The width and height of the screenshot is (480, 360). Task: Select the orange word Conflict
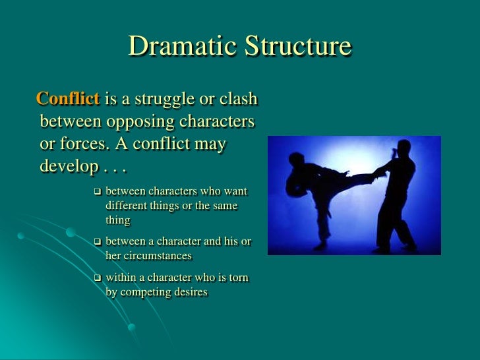tap(69, 100)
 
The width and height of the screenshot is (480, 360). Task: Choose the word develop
tap(68, 165)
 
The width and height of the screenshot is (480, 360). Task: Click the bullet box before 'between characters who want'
tap(96, 192)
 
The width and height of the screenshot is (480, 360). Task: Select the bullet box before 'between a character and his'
tap(96, 242)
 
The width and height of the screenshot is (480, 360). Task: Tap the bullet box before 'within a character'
tap(96, 278)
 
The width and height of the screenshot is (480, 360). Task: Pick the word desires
tap(190, 292)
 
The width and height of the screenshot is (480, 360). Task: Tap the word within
tap(121, 278)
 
